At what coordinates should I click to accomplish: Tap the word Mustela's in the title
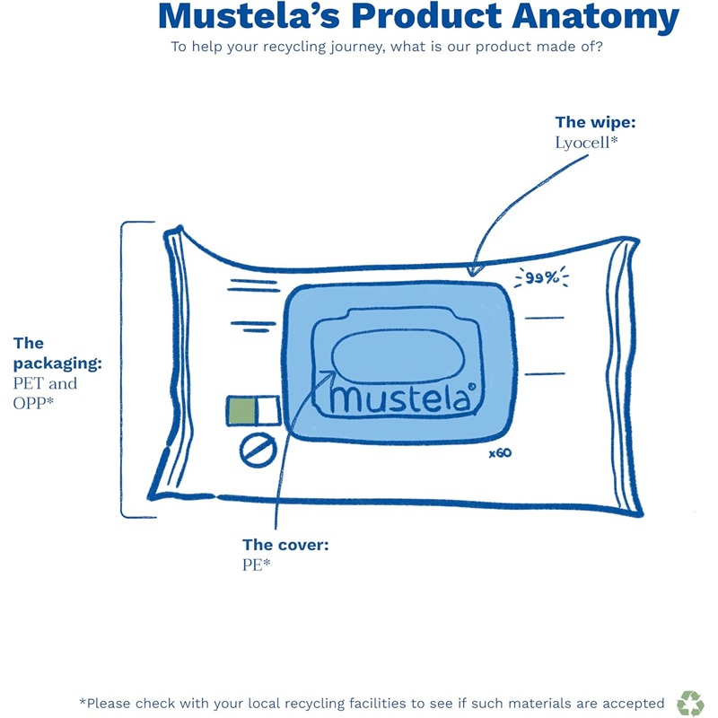click(x=244, y=16)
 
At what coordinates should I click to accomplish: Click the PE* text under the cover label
click(x=257, y=565)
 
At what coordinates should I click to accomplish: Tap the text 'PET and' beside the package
click(x=45, y=383)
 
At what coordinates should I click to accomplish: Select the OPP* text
click(x=34, y=403)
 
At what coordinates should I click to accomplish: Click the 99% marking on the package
click(x=542, y=278)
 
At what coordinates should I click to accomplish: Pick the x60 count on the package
click(x=500, y=453)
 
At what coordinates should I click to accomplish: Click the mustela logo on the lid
click(x=400, y=398)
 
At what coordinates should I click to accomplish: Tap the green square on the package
click(x=242, y=411)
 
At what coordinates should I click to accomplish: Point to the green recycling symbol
click(x=690, y=703)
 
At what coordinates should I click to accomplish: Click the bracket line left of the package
click(x=122, y=368)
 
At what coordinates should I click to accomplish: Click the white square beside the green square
click(x=268, y=411)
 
